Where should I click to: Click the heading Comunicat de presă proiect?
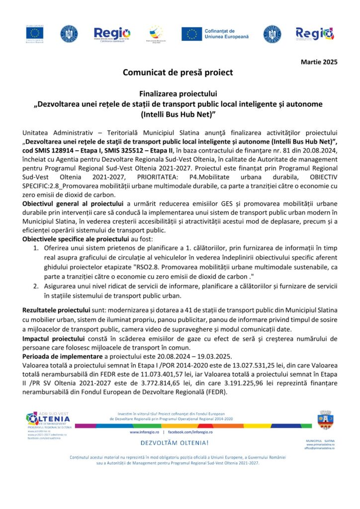click(x=178, y=73)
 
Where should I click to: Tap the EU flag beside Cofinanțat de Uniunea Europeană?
click(x=191, y=34)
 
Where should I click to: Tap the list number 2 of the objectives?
click(x=36, y=286)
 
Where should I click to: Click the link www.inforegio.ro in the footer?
click(x=144, y=432)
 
